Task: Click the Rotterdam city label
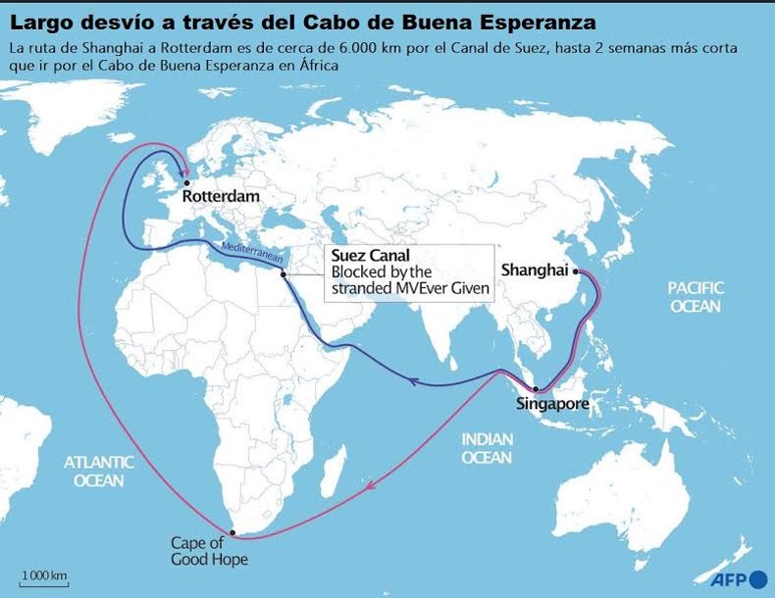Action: [x=222, y=196]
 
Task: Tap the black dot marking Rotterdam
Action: [x=183, y=179]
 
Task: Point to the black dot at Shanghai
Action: [x=576, y=270]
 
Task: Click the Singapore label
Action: [x=552, y=404]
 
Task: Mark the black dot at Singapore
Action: [x=536, y=389]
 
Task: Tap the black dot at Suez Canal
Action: [x=284, y=274]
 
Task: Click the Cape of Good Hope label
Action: [x=209, y=551]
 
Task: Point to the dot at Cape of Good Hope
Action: [x=232, y=531]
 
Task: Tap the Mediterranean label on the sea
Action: [x=252, y=251]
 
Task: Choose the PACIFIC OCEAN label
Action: [x=696, y=296]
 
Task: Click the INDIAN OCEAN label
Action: [x=488, y=449]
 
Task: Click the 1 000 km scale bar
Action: [x=44, y=578]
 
